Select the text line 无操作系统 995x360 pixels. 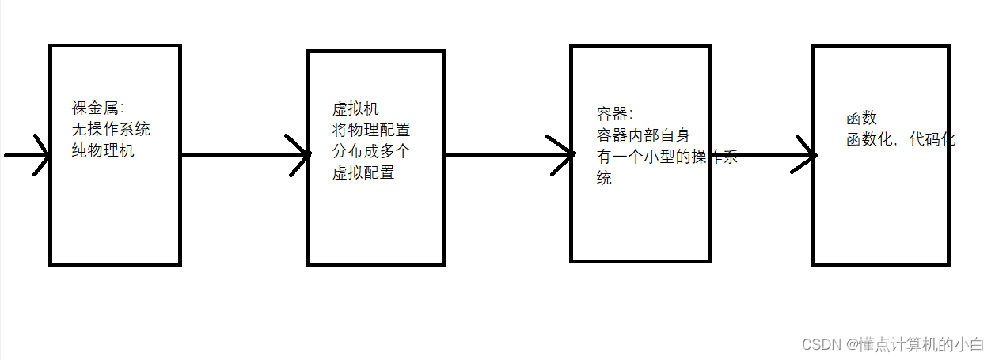[x=111, y=129]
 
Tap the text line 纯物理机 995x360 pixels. [x=103, y=150]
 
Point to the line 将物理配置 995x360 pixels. [x=371, y=130]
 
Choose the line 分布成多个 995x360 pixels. [x=371, y=151]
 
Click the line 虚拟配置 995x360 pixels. [x=363, y=172]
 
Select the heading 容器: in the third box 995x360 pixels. [x=615, y=115]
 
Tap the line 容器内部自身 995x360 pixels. [x=643, y=135]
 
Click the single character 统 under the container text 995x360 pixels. [x=604, y=178]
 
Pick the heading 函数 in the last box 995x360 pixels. [x=861, y=119]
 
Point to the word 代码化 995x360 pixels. [x=932, y=140]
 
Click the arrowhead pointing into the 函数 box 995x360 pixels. [x=807, y=156]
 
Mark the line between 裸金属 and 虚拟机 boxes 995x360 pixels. [x=237, y=155]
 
